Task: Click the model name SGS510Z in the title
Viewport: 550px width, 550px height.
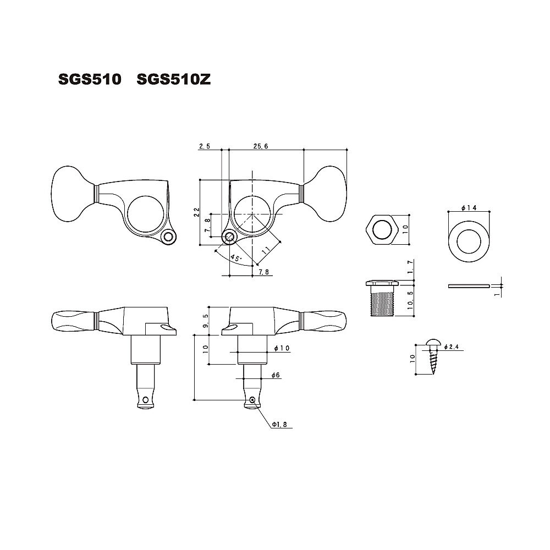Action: tap(173, 80)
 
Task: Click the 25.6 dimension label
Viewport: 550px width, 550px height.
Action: tap(261, 146)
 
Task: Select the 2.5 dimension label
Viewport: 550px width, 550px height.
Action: tap(204, 146)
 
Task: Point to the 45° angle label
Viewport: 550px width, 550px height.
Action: tap(235, 258)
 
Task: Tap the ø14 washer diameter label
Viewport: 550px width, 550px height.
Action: tap(469, 208)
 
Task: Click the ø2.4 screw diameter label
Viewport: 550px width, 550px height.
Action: tap(451, 347)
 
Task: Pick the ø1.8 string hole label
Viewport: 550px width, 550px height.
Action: tap(279, 425)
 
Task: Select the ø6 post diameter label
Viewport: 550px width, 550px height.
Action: tap(276, 375)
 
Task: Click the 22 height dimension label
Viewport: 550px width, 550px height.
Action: tap(196, 212)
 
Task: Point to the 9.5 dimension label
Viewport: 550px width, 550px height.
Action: tap(206, 320)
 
